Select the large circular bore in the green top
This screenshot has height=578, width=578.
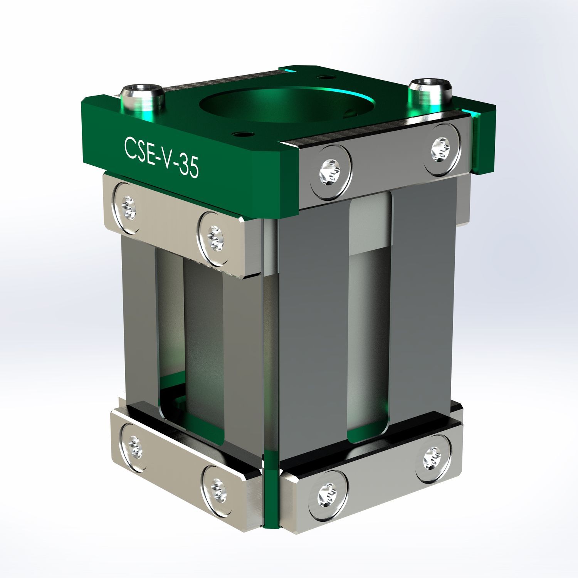point(287,104)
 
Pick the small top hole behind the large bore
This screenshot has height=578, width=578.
point(326,77)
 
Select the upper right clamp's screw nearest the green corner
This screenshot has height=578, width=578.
point(331,172)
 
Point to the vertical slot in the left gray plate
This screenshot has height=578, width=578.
point(189,339)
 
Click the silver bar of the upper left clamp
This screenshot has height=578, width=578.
point(170,223)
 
